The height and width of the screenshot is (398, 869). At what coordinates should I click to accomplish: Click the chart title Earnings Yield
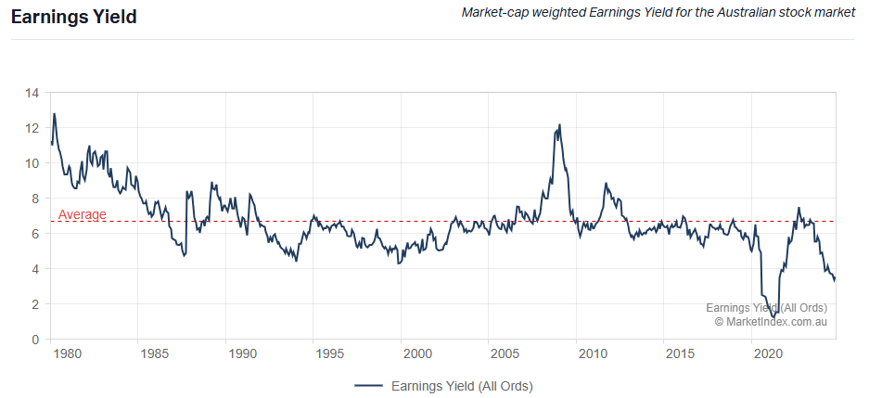pos(73,18)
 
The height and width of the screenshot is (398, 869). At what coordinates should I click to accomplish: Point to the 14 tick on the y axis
pos(32,93)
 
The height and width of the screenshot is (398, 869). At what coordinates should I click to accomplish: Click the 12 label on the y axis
pos(32,128)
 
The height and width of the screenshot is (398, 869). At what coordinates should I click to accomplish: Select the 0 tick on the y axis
pos(35,340)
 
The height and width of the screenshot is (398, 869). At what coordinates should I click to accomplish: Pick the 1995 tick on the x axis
pos(329,354)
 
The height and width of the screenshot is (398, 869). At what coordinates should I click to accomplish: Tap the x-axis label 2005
pos(505,354)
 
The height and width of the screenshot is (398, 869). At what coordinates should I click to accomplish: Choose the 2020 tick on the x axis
pos(768,354)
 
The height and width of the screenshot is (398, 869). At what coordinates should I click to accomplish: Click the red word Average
pos(83,215)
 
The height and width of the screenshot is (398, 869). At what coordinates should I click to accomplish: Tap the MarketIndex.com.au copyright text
pos(770,321)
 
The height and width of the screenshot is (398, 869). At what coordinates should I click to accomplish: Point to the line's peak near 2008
pos(559,124)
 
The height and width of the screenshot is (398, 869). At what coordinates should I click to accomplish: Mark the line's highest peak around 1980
pos(55,114)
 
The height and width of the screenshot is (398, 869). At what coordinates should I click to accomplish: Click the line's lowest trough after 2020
pos(773,318)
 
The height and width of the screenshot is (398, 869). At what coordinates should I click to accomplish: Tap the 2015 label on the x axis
pos(680,354)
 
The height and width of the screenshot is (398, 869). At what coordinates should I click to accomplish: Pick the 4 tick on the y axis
pos(35,269)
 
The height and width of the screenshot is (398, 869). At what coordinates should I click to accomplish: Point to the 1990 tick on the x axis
pos(241,354)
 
